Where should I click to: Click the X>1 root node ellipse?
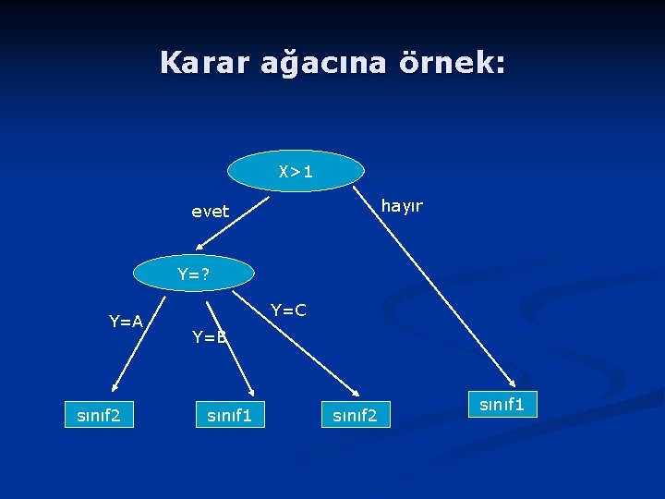coord(296,171)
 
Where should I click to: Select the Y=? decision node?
coord(193,274)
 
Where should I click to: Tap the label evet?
coord(210,212)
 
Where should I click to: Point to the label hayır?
coord(402,205)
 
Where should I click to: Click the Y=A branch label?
coord(126,322)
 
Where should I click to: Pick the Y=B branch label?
coord(209,337)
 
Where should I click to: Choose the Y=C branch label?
coord(288,310)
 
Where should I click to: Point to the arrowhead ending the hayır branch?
coord(512,382)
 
